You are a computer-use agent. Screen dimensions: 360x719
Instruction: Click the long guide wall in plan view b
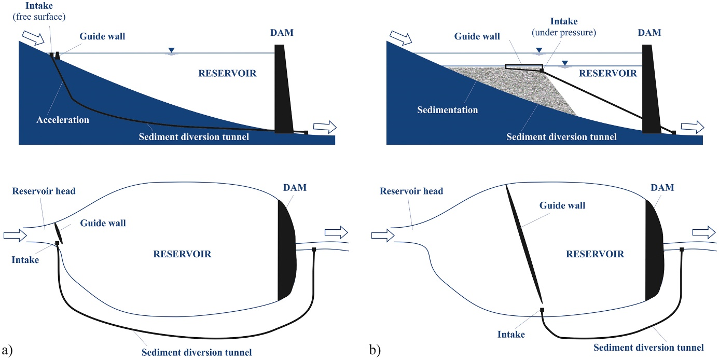coord(524,244)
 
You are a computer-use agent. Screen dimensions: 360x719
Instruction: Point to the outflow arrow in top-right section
coord(692,127)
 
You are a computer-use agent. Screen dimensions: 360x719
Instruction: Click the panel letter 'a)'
coord(7,350)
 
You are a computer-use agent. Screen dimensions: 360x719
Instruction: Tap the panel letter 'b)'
coord(375,350)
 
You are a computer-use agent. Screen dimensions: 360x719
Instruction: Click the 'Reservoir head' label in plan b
coord(411,191)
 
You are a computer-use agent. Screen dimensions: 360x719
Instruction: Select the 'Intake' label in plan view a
coord(25,259)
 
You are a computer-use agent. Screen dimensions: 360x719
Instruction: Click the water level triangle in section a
coord(171,51)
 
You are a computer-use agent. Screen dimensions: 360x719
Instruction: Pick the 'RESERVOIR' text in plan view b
coord(594,254)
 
